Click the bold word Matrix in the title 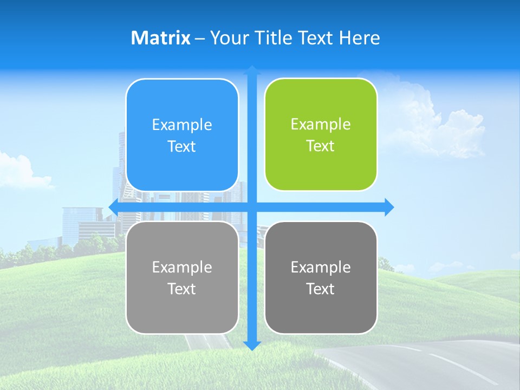coord(161,38)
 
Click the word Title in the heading coord(272,38)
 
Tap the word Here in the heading coord(359,38)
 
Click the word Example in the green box coord(321,125)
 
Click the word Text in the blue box coord(182,147)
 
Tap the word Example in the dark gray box coord(321,267)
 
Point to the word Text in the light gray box coord(182,289)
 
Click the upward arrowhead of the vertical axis coord(252,70)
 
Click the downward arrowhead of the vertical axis coord(252,346)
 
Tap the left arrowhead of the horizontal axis coord(113,207)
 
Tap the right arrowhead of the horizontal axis coord(389,207)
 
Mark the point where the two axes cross coord(252,207)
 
